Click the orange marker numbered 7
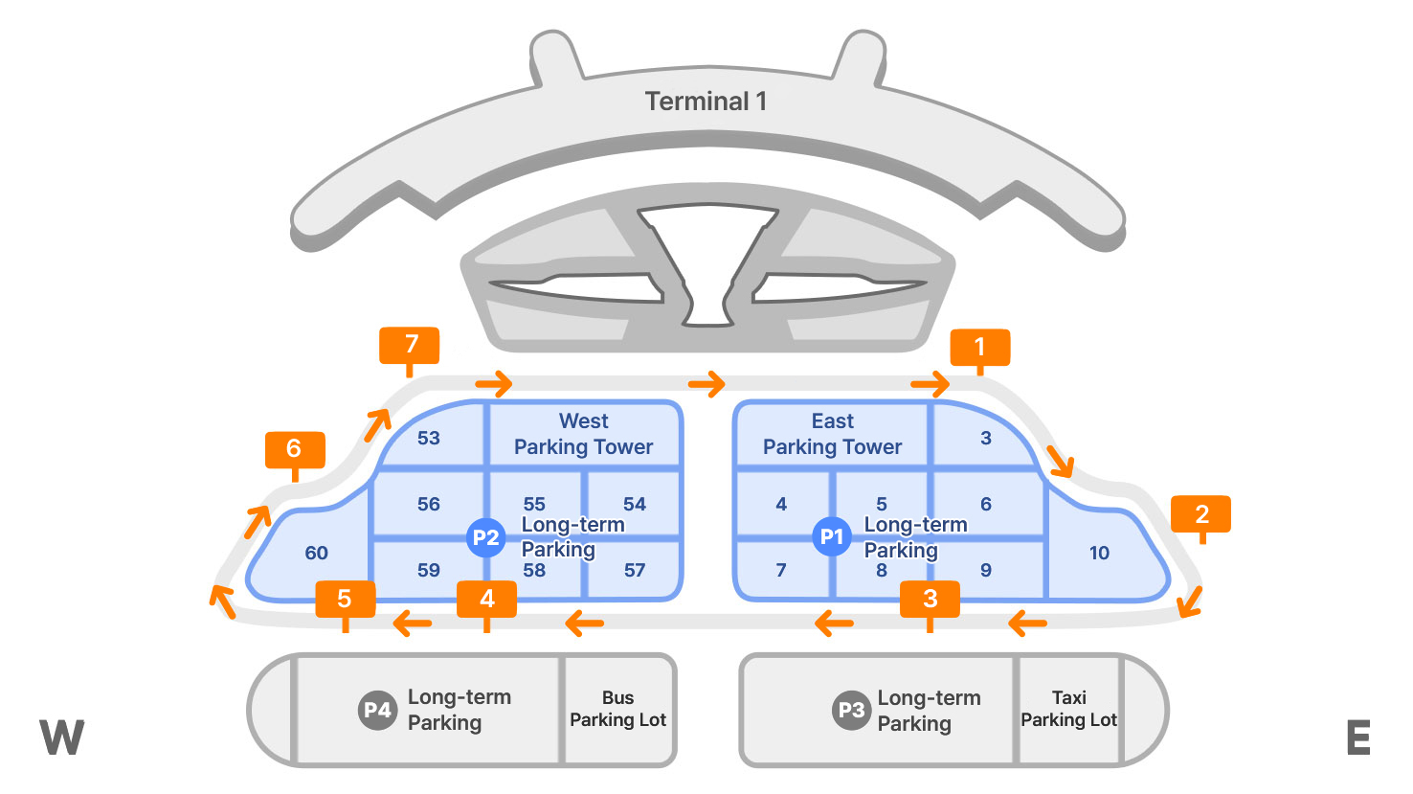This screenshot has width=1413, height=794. click(x=410, y=346)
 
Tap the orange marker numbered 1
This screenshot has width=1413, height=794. click(x=979, y=347)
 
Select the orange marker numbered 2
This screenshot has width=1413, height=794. click(x=1200, y=514)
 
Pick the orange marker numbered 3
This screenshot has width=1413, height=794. click(x=930, y=600)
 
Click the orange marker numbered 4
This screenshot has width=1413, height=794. click(x=486, y=600)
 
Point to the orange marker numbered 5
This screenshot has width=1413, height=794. click(x=345, y=600)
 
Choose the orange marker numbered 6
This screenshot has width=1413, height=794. click(x=295, y=449)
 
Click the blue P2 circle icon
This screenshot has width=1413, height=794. click(x=485, y=537)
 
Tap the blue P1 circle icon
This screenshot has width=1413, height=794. click(x=831, y=536)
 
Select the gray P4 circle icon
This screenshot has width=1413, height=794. click(x=377, y=710)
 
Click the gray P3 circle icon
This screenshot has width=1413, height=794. click(x=850, y=711)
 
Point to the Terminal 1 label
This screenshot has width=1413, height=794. click(x=706, y=102)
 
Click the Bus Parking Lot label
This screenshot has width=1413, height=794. click(x=617, y=709)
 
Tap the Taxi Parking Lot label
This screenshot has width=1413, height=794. click(x=1068, y=709)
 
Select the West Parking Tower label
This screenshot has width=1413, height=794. click(x=583, y=434)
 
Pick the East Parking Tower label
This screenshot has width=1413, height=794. click(x=832, y=434)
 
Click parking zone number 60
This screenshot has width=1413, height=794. click(x=316, y=553)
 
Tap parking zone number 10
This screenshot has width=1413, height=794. click(x=1099, y=553)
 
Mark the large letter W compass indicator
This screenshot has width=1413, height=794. click(x=62, y=737)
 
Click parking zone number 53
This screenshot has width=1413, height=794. click(x=428, y=438)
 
